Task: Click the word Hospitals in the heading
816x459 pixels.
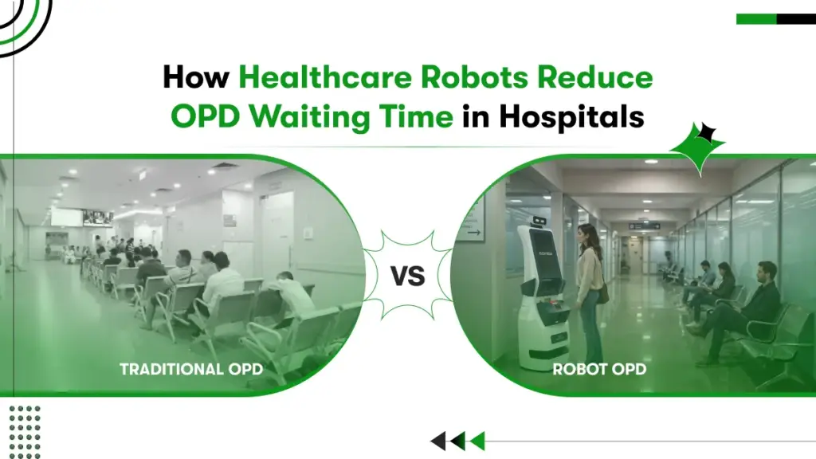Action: [571, 116]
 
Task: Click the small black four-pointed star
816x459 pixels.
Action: [706, 133]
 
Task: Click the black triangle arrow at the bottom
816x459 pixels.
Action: [437, 441]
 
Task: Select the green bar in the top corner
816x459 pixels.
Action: [755, 19]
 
